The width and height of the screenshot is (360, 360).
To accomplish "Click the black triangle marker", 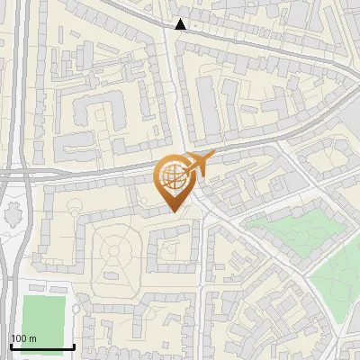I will click(x=181, y=24).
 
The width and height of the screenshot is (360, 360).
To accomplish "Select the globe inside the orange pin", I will click(x=174, y=176).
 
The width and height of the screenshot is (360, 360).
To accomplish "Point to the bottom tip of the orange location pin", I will click(x=175, y=211).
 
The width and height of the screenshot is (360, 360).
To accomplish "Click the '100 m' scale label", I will click(x=24, y=338).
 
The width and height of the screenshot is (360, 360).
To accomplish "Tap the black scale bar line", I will click(x=42, y=346).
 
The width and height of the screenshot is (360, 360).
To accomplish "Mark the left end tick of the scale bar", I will click(x=11, y=345).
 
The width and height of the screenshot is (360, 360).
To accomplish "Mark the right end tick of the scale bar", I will click(x=74, y=345).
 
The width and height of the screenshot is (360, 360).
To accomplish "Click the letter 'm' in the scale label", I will click(x=33, y=338).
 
